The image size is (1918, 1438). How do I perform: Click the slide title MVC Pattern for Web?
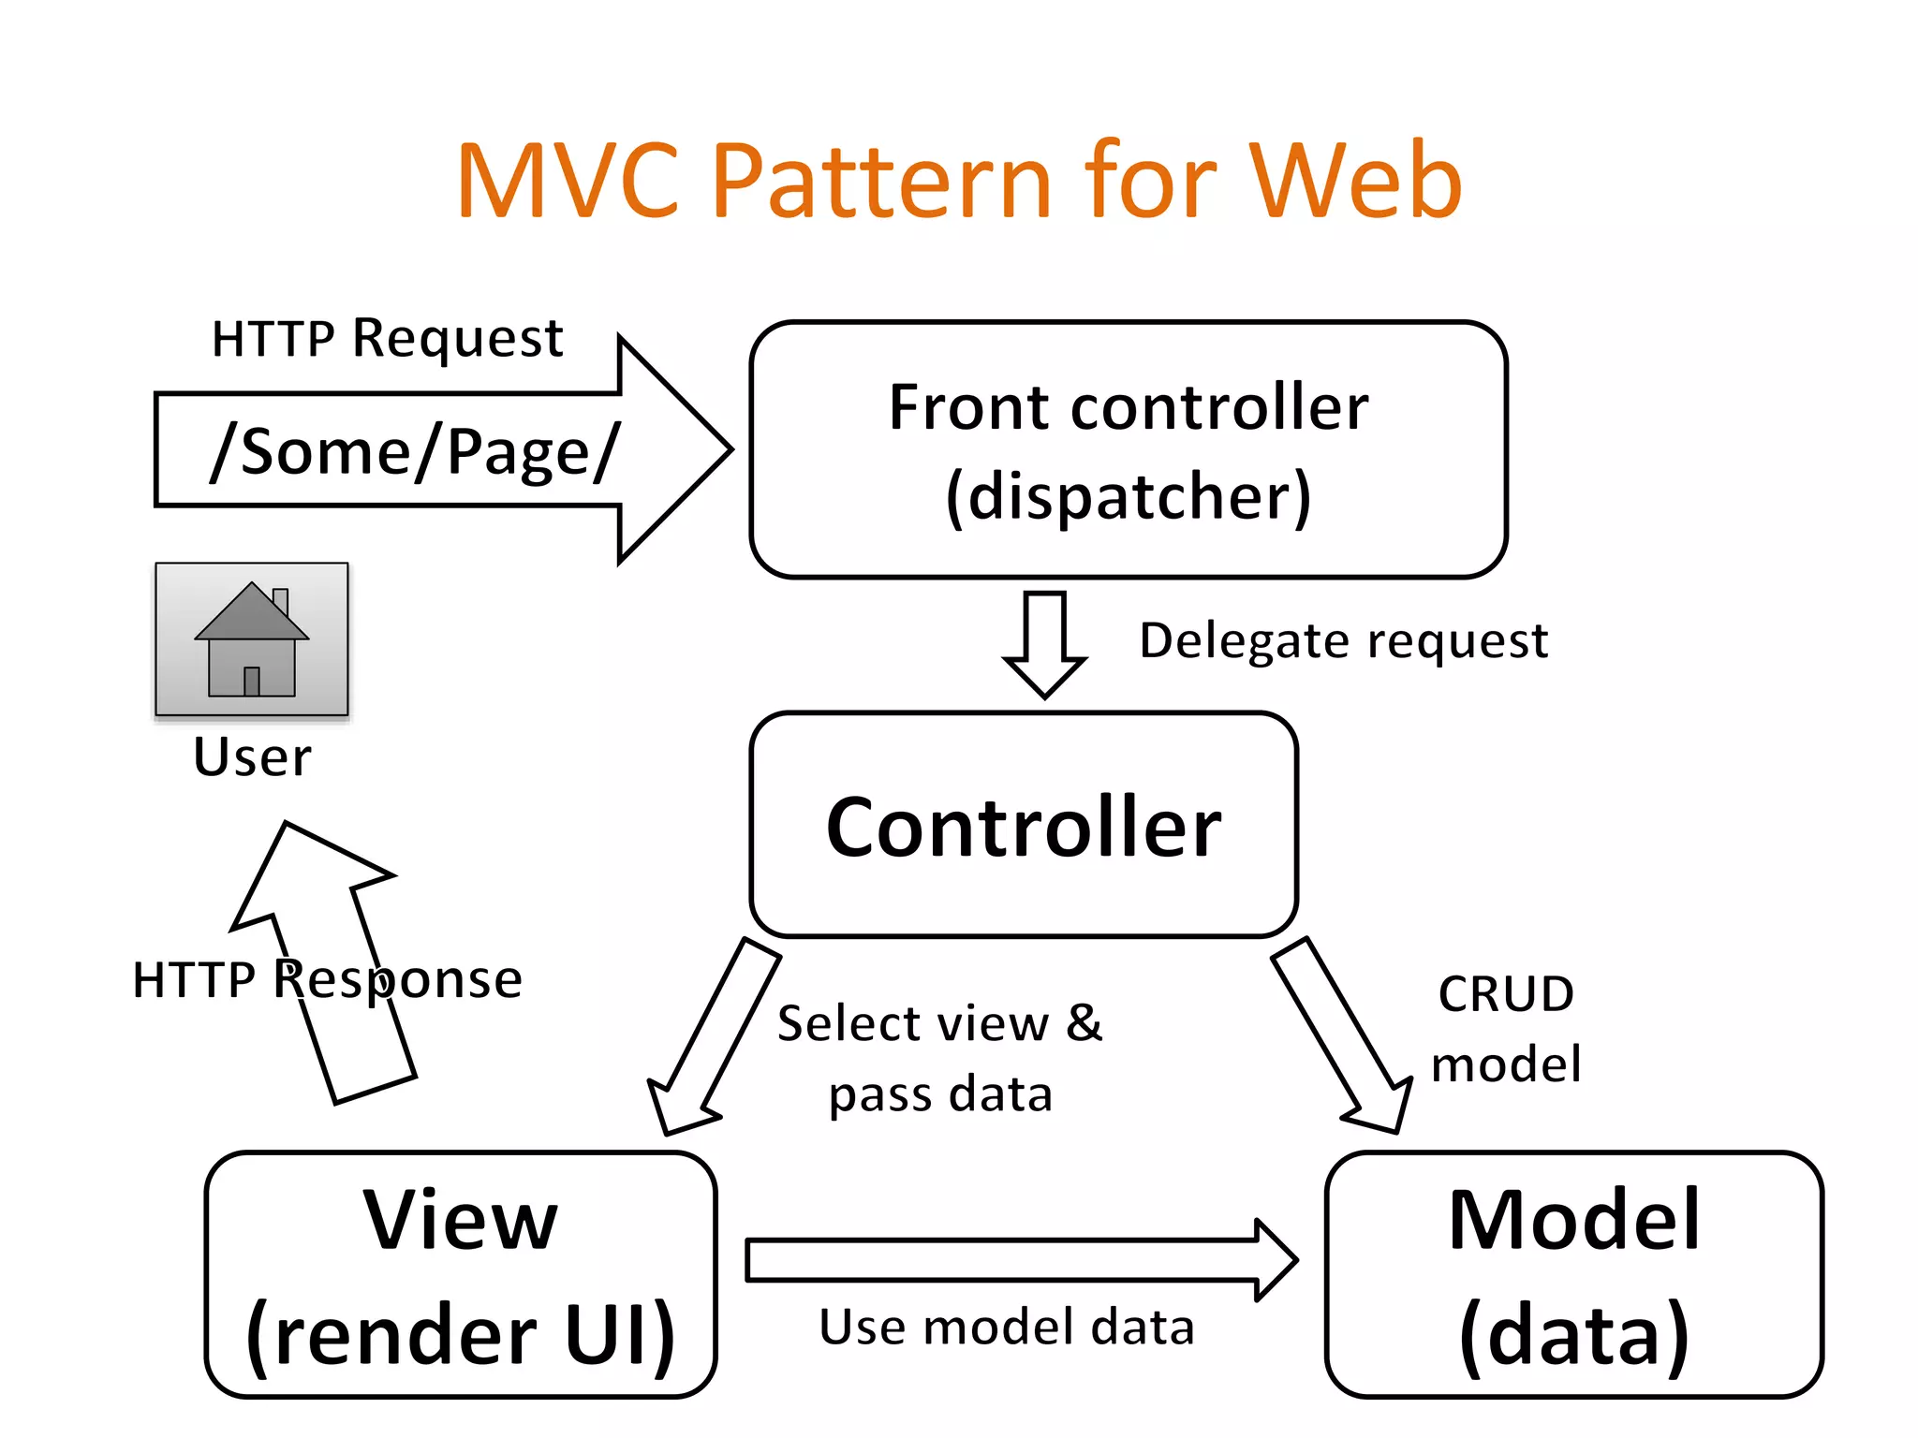point(959,180)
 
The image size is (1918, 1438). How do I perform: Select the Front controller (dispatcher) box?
point(1128,449)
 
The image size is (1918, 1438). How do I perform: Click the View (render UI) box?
point(460,1275)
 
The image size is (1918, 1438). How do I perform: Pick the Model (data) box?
point(1573,1275)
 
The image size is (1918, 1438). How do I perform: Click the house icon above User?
point(251,640)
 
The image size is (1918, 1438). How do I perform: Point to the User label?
point(251,756)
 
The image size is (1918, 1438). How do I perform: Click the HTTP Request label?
point(387,338)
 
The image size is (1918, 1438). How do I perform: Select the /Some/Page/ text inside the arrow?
point(414,452)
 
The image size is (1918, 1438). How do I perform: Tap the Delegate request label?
point(1343,641)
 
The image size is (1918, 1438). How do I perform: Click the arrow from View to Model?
point(1021,1260)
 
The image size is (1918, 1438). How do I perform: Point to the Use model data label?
point(1007,1328)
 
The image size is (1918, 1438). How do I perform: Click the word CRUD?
point(1505,994)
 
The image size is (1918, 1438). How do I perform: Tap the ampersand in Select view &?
point(1084,1022)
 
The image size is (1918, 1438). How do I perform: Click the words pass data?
point(940,1094)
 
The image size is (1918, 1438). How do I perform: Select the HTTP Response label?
point(327,980)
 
